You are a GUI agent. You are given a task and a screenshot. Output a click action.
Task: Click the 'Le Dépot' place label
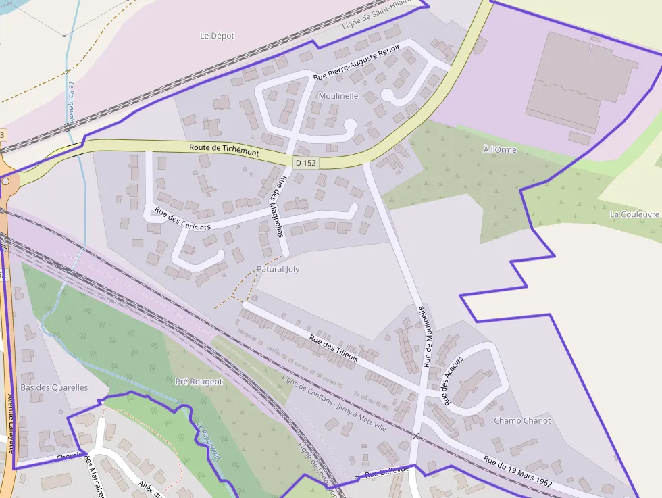point(218,36)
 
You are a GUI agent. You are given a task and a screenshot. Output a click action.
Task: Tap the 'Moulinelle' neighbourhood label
point(338,96)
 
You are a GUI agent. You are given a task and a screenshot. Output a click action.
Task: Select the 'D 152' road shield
point(305,163)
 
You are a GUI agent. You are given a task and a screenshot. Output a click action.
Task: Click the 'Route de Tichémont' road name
point(224,150)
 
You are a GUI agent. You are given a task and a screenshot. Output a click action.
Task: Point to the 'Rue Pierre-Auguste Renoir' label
point(356,63)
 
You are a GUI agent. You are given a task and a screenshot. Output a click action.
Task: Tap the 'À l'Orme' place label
point(500,149)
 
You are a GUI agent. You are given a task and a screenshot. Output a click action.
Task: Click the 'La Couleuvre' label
point(634,214)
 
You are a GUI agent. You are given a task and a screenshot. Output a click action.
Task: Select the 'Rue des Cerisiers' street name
point(182,218)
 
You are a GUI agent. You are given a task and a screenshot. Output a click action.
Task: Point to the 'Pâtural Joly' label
point(278,269)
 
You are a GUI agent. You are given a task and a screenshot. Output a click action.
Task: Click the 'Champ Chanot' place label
point(522,420)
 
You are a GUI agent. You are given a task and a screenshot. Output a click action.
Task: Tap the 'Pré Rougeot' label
point(199,381)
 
